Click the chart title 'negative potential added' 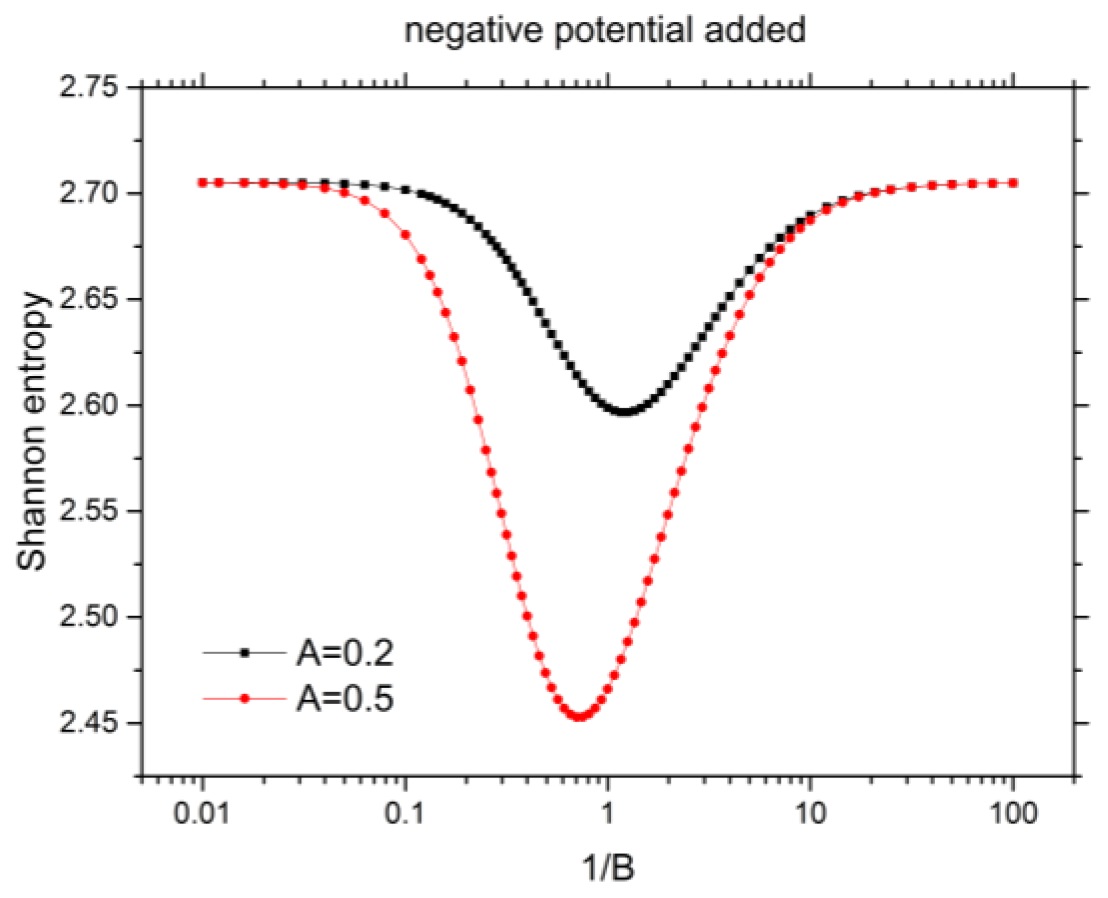605,31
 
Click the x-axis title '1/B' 609,868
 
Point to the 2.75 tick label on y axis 88,87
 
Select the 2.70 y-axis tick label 88,194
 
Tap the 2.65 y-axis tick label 88,299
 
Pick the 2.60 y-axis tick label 88,405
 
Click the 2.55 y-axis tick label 88,511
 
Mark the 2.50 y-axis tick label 88,617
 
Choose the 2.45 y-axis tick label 88,722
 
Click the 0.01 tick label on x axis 202,814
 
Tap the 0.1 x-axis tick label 404,814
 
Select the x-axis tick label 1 607,814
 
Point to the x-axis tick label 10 810,814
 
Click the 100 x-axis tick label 1013,814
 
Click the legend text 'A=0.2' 345,653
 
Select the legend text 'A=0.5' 345,698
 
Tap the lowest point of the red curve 580,716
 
